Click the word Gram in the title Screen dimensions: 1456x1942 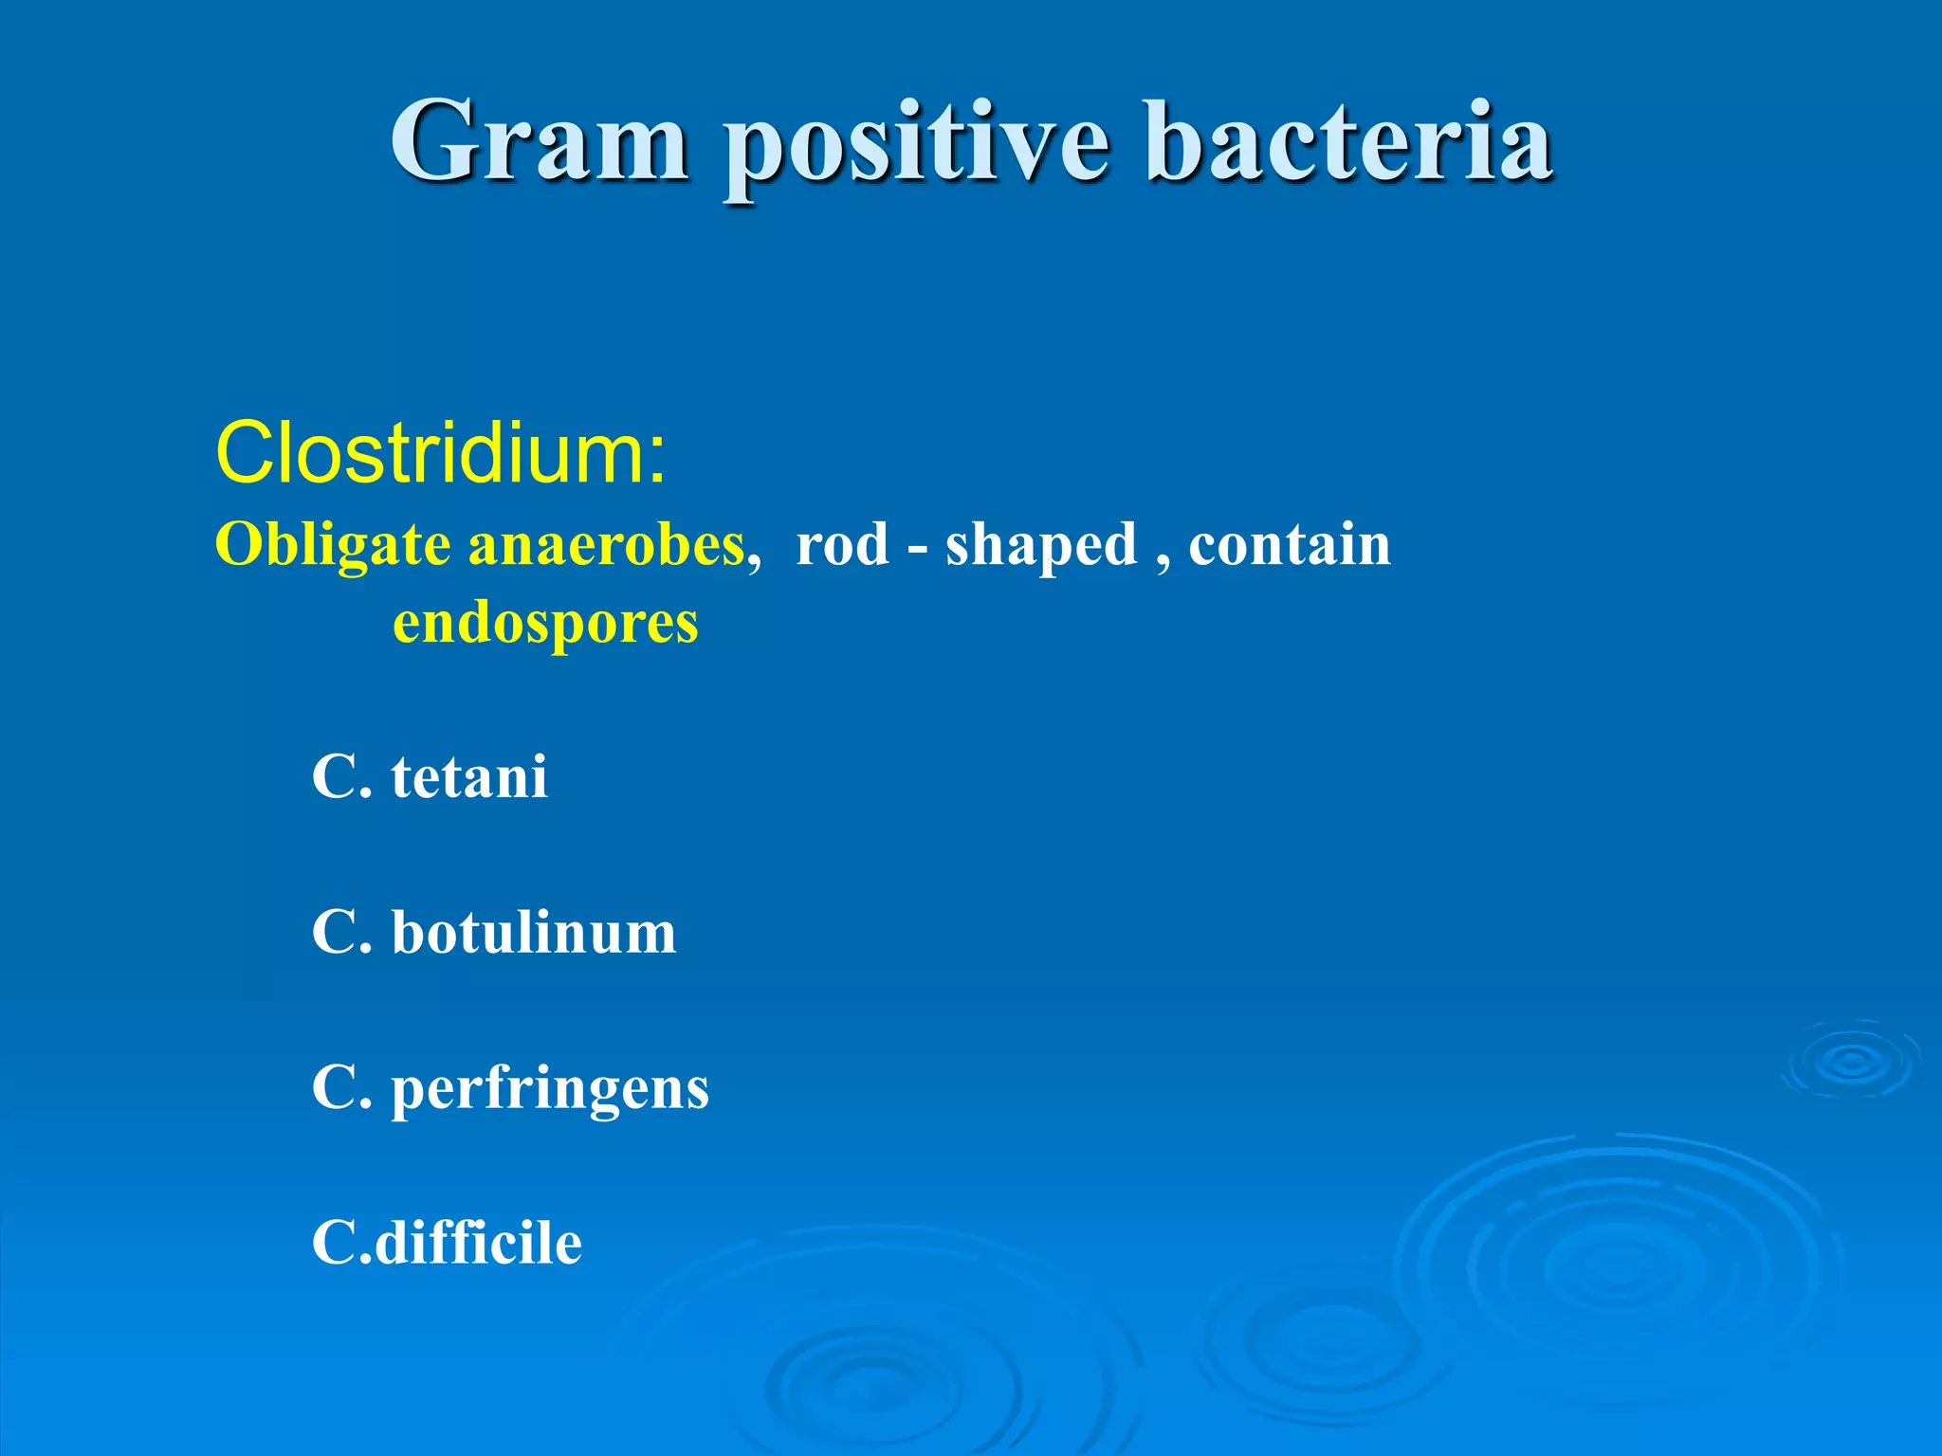[539, 142]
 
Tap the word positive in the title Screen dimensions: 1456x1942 [916, 147]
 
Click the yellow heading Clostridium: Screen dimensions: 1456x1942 [441, 453]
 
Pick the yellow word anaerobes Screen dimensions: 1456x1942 [607, 547]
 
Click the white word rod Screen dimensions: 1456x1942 [842, 547]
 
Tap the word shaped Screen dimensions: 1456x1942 [1040, 547]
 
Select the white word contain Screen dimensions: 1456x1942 [1289, 545]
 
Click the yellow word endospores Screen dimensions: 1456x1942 [545, 625]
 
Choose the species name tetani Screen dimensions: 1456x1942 [468, 777]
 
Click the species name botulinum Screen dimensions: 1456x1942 [534, 933]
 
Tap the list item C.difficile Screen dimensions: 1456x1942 [447, 1243]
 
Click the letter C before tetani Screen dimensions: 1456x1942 [333, 777]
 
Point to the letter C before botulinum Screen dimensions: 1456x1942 [333, 933]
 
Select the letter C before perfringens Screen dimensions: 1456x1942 [333, 1088]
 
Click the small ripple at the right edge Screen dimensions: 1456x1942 [1851, 1062]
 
